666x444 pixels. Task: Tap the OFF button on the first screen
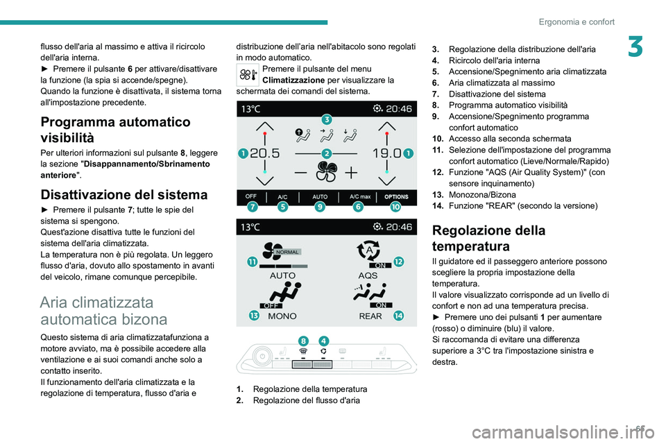coord(250,196)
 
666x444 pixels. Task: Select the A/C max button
coord(359,196)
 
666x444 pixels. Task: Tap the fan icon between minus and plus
coord(325,172)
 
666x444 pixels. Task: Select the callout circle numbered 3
coord(325,120)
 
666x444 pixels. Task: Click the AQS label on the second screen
coord(368,275)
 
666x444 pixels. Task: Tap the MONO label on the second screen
coord(282,316)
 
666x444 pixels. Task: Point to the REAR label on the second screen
coord(370,316)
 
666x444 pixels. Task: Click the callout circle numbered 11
coord(250,260)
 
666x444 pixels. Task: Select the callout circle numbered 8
coord(303,340)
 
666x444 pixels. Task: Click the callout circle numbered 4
coord(323,340)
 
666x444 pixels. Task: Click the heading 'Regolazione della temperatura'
coord(479,238)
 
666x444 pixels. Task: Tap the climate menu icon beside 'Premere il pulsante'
coord(248,75)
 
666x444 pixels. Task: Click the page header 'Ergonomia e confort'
coord(577,22)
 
